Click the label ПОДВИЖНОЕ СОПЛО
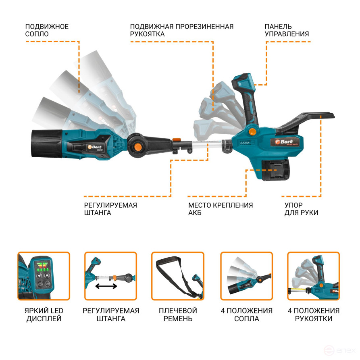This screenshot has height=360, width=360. [47, 30]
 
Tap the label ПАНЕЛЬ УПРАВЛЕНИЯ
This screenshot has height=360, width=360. [287, 30]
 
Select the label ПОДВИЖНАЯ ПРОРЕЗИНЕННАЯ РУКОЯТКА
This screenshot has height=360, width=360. [181, 30]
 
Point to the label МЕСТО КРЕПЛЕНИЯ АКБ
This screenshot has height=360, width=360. [221, 209]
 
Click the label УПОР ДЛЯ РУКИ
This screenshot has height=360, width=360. [301, 209]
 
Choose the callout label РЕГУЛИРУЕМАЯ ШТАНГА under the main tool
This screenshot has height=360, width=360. [110, 209]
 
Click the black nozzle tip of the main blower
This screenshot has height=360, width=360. [47, 144]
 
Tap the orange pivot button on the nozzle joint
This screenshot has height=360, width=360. [137, 146]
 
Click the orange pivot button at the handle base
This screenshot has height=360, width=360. [252, 131]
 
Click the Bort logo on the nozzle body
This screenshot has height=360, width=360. [94, 147]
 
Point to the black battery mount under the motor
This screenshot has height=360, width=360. [276, 170]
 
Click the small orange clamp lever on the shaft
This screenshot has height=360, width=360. [177, 139]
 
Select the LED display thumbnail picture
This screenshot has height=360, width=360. [44, 276]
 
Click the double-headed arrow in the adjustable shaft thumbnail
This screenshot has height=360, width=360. [106, 286]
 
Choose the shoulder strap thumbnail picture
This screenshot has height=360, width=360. [178, 276]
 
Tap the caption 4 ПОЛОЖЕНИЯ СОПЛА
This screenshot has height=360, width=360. [247, 314]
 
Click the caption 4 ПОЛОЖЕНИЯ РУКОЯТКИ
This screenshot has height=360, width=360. [314, 314]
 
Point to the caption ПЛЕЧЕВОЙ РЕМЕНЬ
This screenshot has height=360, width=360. [178, 314]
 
